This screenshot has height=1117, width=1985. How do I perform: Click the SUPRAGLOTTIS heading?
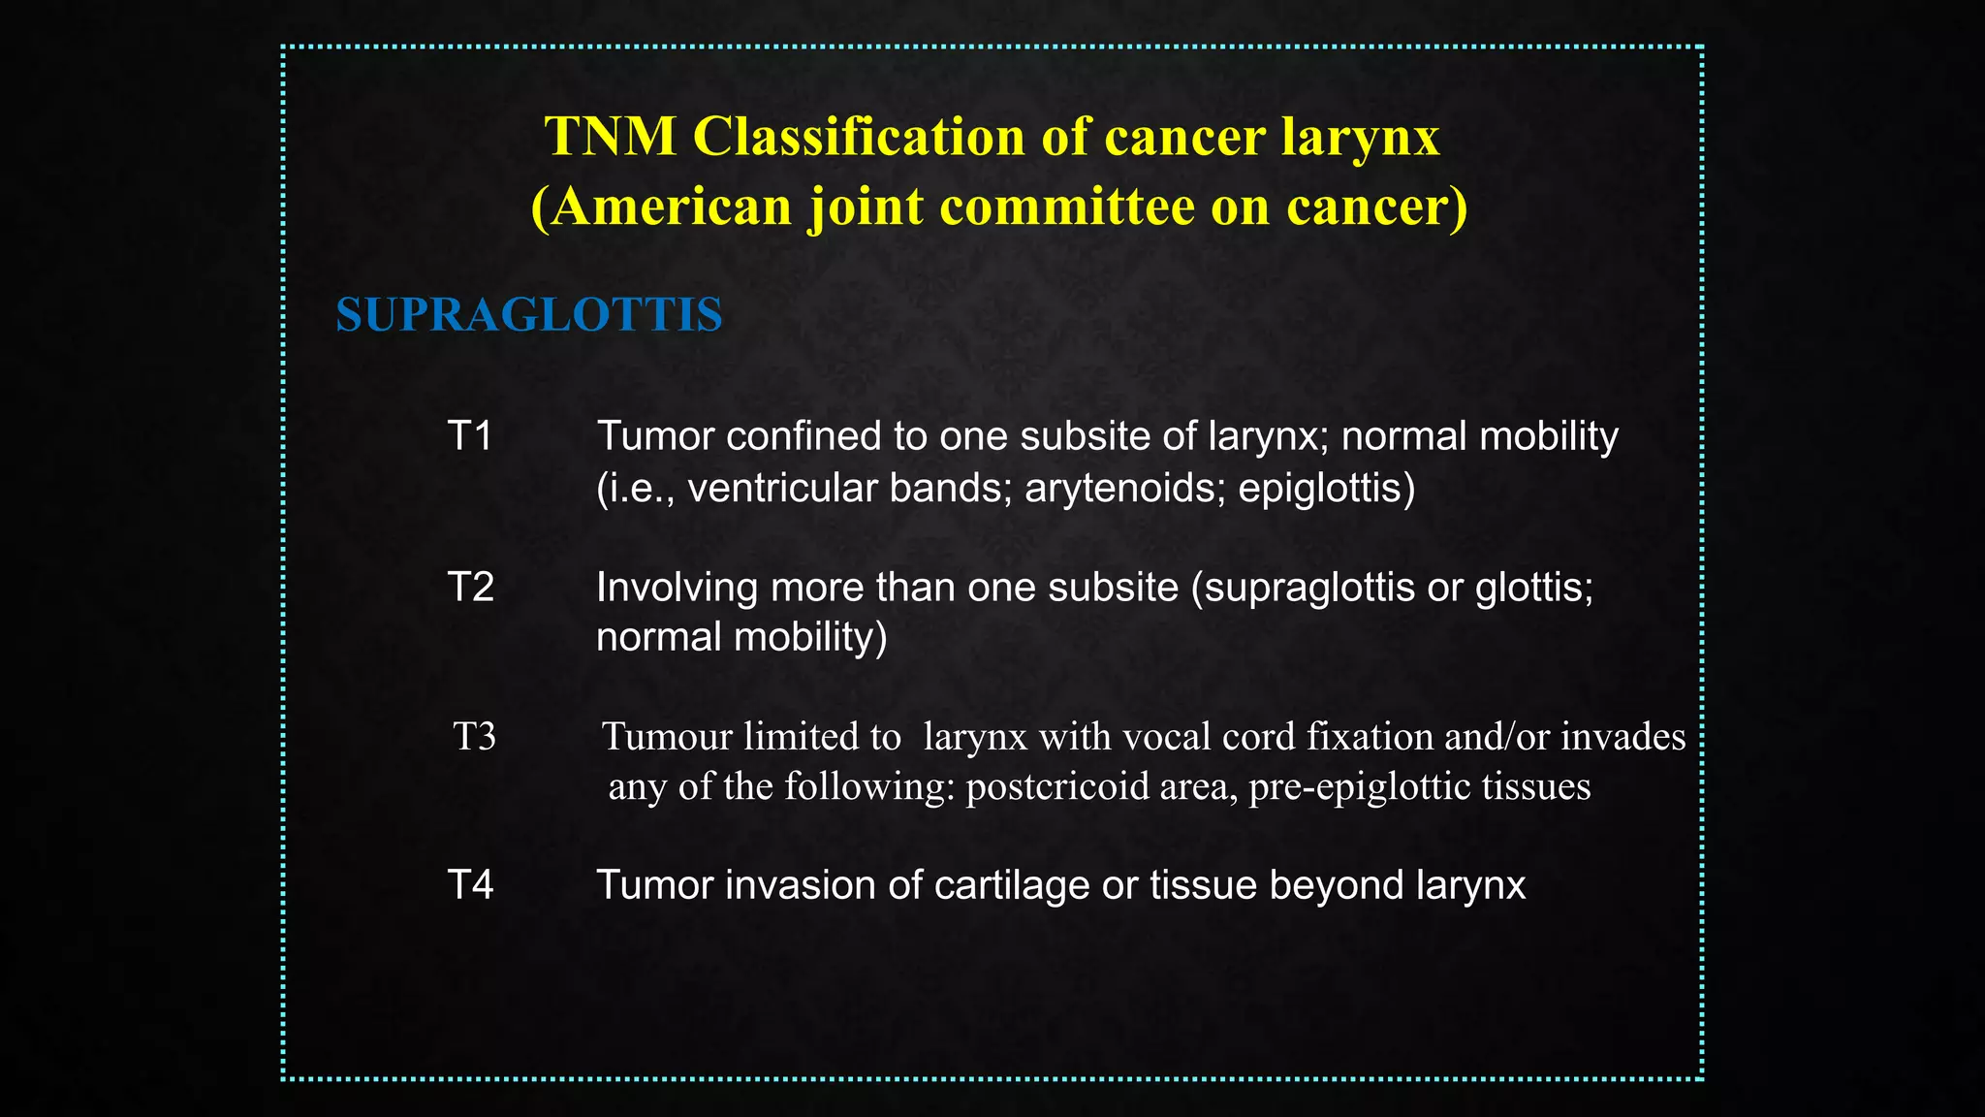(529, 315)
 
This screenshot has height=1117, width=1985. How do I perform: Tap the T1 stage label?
(470, 436)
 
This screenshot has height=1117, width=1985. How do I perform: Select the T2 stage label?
(470, 588)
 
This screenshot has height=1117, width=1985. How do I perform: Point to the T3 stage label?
(475, 737)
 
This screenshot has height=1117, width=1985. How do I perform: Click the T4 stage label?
(470, 885)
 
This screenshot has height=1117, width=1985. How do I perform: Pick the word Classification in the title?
(860, 137)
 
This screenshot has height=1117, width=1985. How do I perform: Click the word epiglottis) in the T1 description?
(1326, 488)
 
